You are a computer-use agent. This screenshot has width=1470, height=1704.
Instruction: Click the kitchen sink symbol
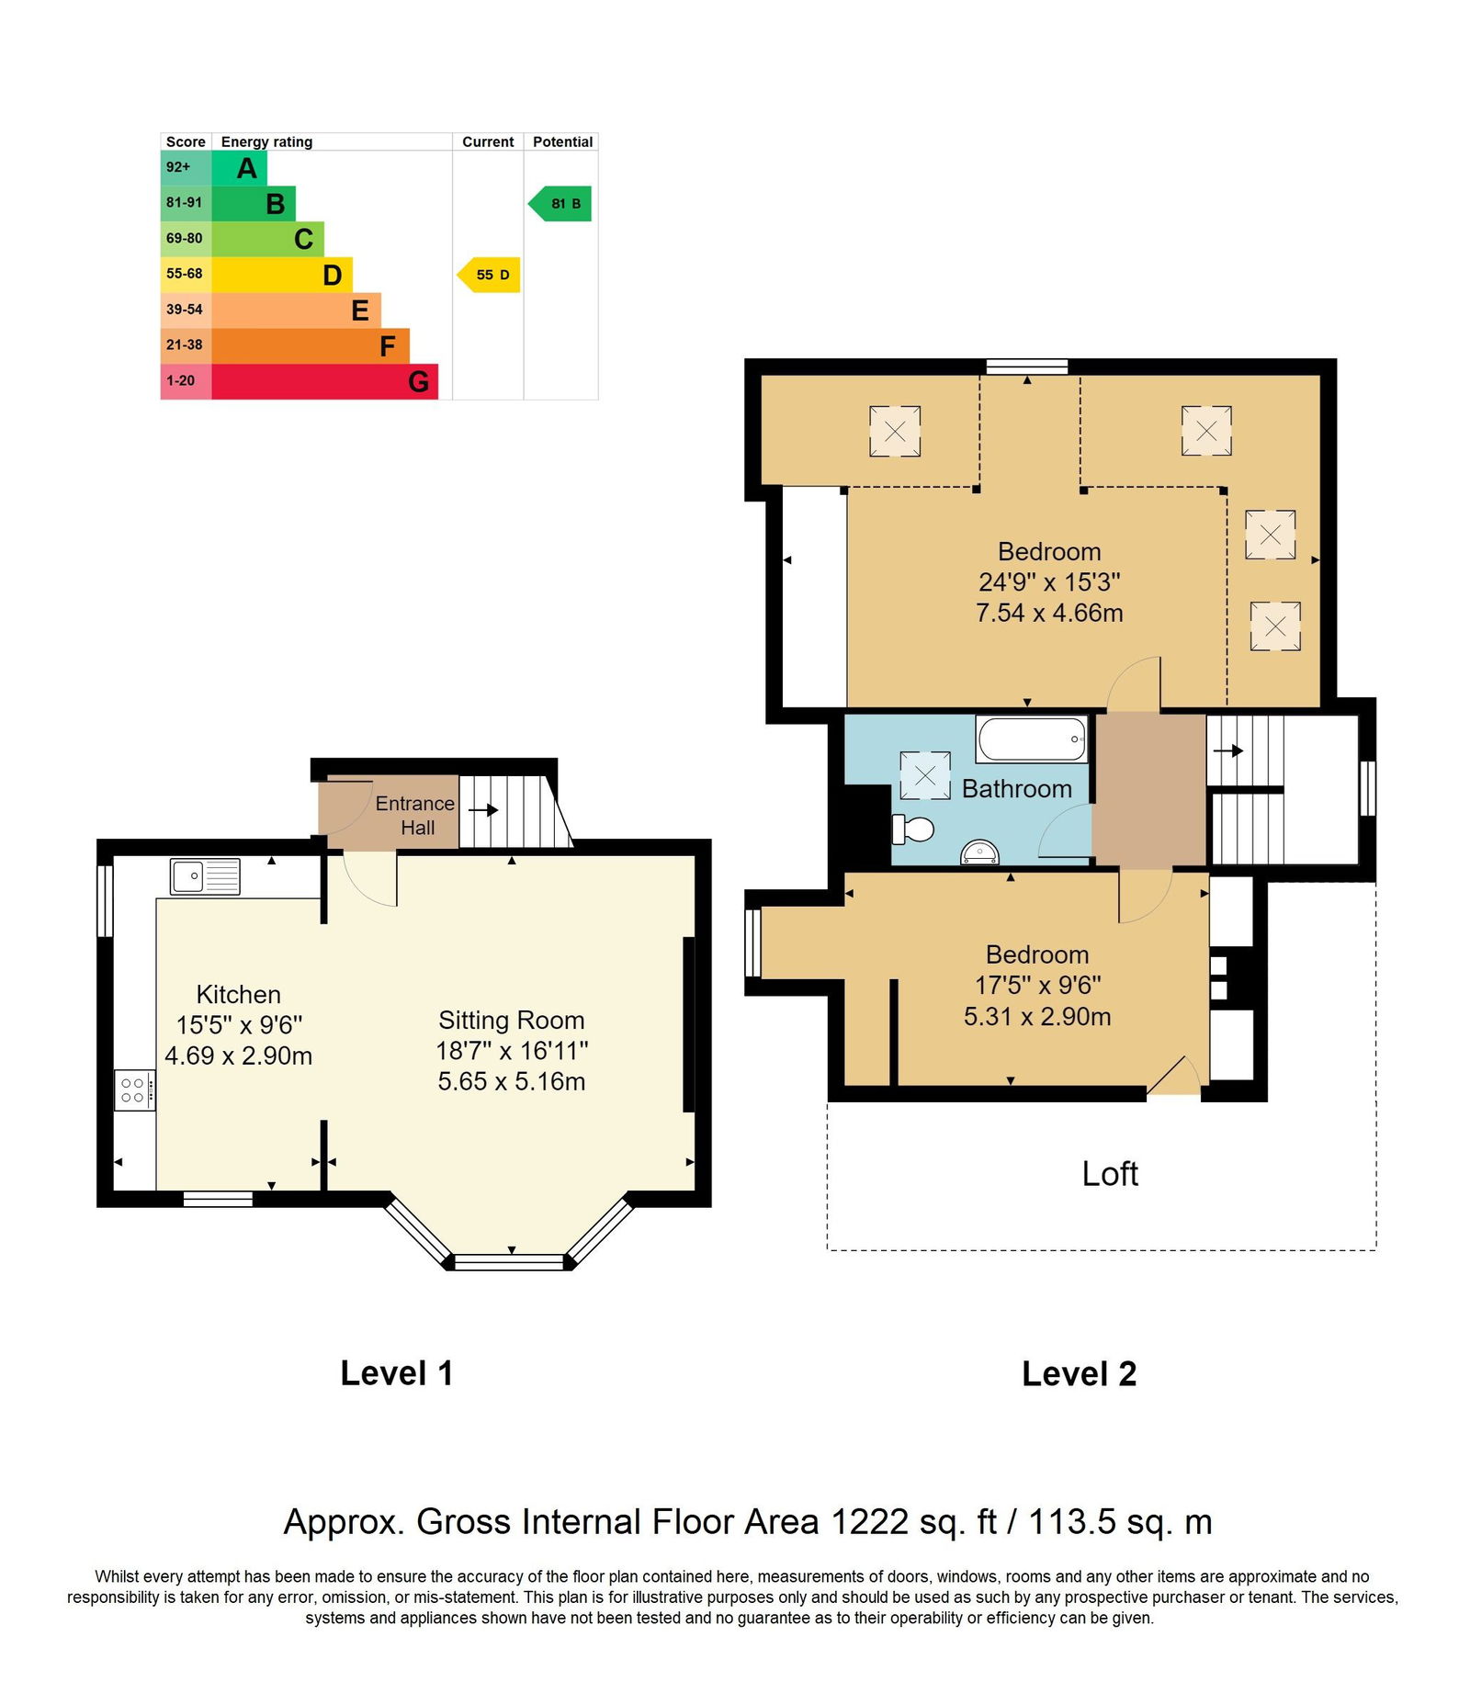pos(205,875)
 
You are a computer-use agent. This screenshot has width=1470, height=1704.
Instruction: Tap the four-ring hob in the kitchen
pos(134,1090)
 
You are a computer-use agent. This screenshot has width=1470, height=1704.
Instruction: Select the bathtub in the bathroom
pos(1032,739)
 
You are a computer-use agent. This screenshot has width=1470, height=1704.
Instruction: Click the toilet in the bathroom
pos(912,829)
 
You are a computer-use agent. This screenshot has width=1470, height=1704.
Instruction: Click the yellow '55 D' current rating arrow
pos(489,275)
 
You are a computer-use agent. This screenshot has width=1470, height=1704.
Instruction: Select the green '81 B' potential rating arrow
pos(560,204)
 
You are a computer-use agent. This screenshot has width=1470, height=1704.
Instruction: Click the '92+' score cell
pos(186,167)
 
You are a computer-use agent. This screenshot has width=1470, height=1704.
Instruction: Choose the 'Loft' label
pos(1110,1174)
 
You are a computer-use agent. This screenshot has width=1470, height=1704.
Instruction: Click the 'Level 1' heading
pos(396,1373)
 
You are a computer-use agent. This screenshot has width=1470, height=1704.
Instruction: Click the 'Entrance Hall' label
pos(415,816)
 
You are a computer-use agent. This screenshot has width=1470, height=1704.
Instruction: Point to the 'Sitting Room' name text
pos(511,1021)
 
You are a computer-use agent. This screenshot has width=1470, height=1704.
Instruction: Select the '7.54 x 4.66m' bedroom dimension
pos(1049,613)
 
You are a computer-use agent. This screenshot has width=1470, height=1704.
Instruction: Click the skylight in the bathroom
pos(925,775)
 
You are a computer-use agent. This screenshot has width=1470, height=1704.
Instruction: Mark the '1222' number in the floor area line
pos(869,1522)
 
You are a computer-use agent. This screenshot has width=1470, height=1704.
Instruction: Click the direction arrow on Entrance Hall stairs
pos(483,810)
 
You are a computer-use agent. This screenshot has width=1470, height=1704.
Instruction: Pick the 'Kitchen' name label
pos(238,995)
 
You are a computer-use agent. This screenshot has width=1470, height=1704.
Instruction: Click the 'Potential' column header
pos(562,142)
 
